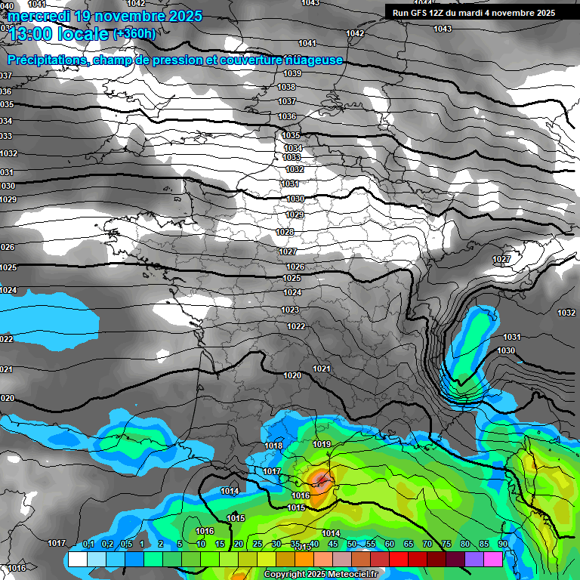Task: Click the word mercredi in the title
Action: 39,16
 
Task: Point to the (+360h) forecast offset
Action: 134,33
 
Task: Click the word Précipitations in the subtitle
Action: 46,60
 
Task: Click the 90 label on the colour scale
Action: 502,545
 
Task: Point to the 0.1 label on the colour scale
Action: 88,545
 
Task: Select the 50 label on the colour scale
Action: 352,545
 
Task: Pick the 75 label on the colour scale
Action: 446,545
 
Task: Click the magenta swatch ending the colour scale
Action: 493,559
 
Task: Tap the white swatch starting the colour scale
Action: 77,559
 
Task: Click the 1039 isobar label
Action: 292,73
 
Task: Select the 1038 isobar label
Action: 286,88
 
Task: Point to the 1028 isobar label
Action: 285,232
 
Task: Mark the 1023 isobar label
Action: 290,310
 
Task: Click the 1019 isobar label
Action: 322,444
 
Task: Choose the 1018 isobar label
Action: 273,446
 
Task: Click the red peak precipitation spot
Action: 322,480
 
